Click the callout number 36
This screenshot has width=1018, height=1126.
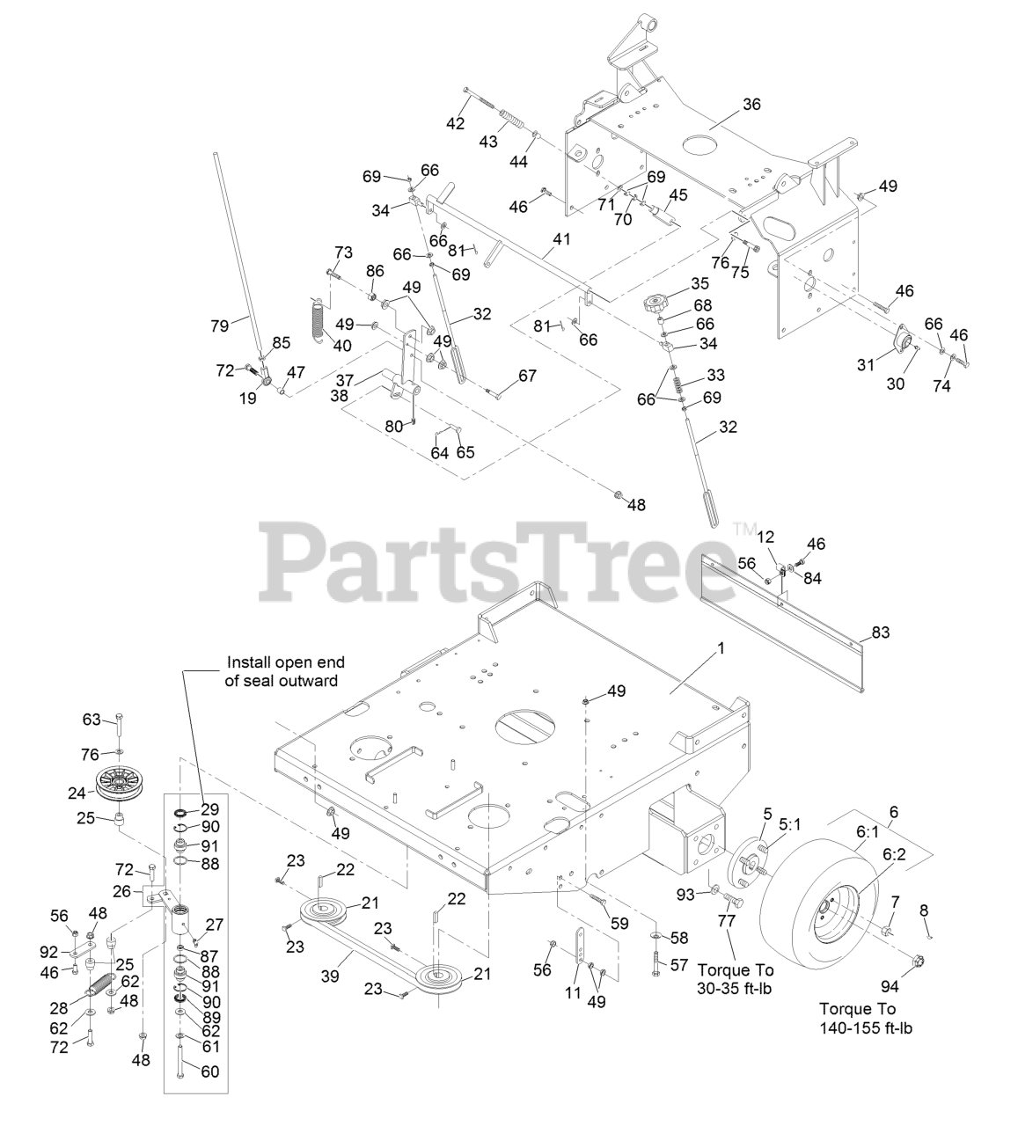(x=751, y=105)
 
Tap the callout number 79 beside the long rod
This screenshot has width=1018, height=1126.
(x=219, y=325)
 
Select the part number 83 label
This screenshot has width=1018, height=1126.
(x=880, y=632)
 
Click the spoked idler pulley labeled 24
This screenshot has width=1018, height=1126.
(x=121, y=782)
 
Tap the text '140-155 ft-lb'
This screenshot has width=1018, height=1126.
(x=866, y=1028)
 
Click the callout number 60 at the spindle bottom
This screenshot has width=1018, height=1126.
(x=209, y=1072)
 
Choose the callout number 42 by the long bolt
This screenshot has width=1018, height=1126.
(x=454, y=124)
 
